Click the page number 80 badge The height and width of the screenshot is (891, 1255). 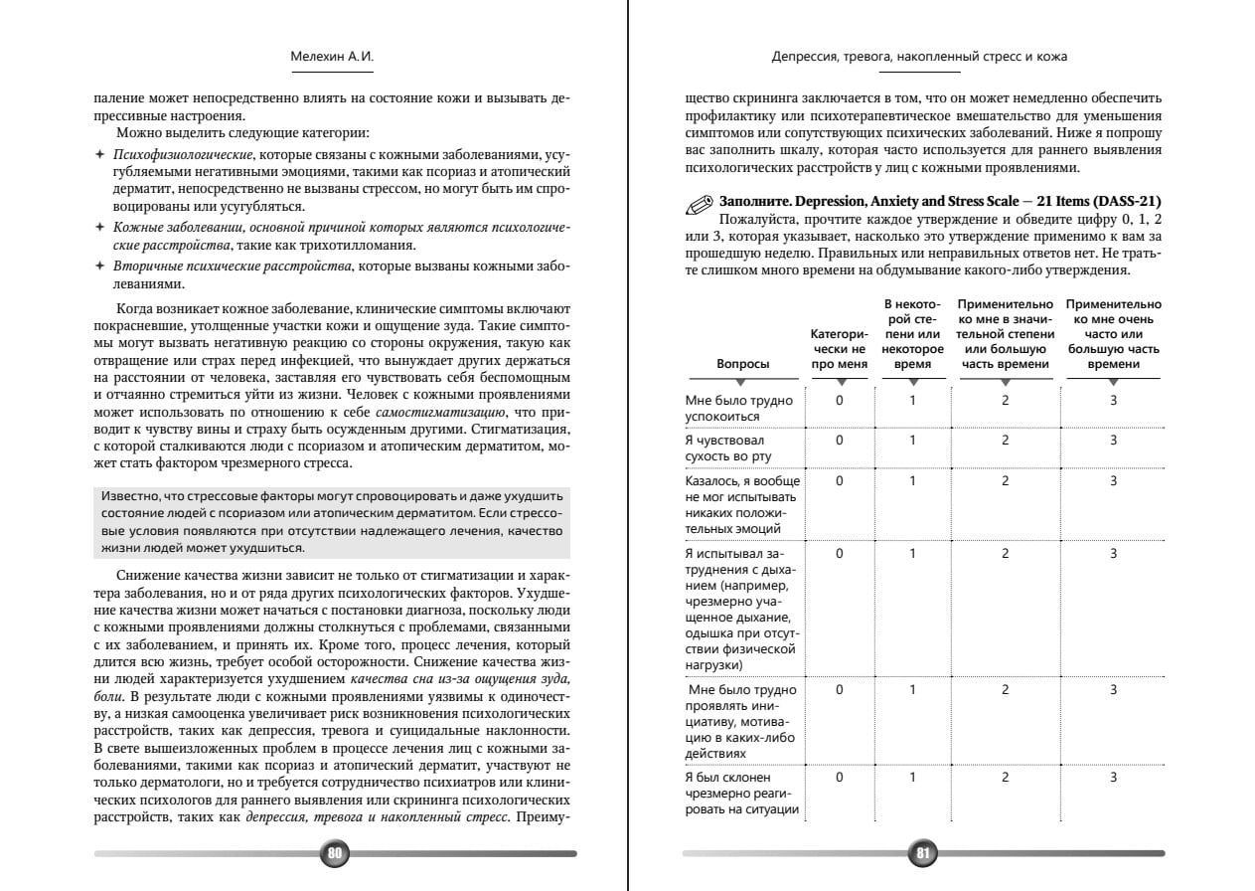(335, 853)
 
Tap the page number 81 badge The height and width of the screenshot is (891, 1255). (923, 853)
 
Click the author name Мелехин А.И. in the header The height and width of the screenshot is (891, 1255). (332, 57)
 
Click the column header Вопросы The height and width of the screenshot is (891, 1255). (743, 364)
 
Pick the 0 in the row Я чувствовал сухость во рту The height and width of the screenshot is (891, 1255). (840, 441)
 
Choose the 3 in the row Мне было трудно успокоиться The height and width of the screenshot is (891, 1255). (1113, 401)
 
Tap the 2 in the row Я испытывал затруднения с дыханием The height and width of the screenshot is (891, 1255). (1006, 554)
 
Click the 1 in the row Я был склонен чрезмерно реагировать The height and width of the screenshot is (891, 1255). (912, 778)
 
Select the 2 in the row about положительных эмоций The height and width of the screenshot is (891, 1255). (1006, 481)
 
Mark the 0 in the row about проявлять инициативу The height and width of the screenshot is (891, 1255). (840, 690)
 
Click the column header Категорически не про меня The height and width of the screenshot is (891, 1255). (839, 349)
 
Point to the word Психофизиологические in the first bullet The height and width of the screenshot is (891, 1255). (183, 155)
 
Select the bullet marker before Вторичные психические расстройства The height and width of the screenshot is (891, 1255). (99, 267)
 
